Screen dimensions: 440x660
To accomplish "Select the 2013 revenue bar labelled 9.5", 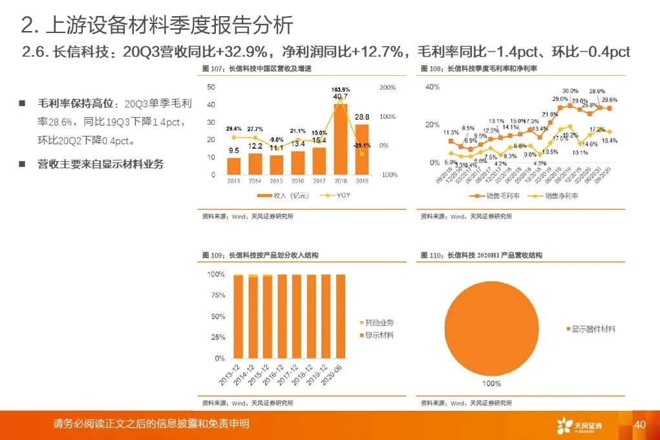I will (234, 166).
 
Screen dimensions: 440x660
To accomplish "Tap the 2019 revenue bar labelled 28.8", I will (362, 149).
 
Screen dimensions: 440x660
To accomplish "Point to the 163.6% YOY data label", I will (341, 89).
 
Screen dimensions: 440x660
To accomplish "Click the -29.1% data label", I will (362, 146).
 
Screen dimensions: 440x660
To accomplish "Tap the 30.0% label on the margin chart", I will (570, 91).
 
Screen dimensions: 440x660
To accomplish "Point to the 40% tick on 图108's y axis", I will (432, 87).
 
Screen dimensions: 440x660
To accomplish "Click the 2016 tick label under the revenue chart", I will (297, 181).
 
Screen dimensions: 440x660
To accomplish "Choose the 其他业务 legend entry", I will (379, 322).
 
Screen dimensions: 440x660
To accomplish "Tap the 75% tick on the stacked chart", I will (218, 296).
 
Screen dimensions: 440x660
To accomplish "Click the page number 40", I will (640, 425).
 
